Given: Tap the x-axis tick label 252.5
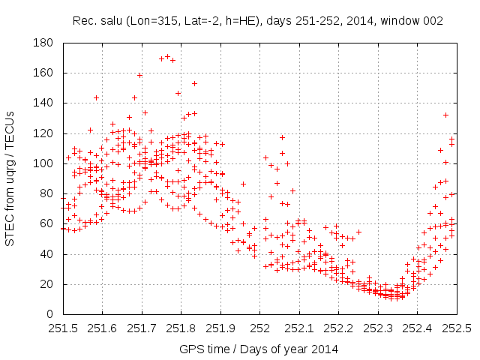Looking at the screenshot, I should [457, 328].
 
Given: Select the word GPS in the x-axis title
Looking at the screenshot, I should [190, 349].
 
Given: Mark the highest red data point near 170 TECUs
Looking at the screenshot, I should [167, 56].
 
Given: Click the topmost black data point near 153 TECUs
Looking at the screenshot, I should [194, 83].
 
